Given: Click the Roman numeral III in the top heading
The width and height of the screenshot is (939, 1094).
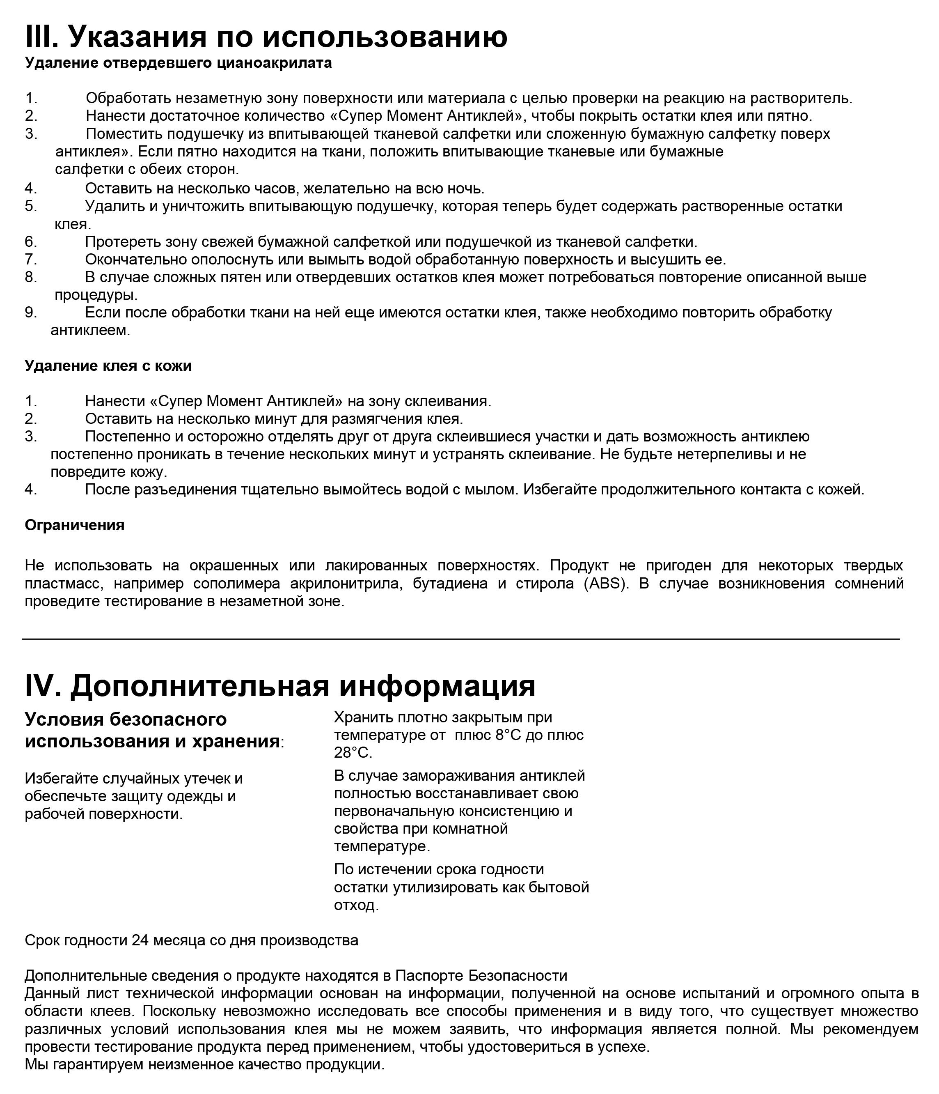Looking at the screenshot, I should [x=42, y=37].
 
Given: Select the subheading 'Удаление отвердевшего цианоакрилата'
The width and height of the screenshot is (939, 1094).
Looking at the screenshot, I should [x=178, y=63].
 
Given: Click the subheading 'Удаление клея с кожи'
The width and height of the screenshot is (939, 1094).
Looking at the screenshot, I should [x=108, y=366].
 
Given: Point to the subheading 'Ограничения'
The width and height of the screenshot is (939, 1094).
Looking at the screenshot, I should [x=74, y=525].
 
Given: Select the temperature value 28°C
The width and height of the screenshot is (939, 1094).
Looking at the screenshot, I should [x=353, y=752].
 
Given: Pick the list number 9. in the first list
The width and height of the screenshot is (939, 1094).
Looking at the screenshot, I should [x=31, y=313].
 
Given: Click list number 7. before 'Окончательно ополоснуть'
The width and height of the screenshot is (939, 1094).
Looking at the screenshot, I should [x=31, y=260].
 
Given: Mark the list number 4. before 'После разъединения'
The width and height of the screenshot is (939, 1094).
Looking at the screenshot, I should [x=31, y=490].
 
